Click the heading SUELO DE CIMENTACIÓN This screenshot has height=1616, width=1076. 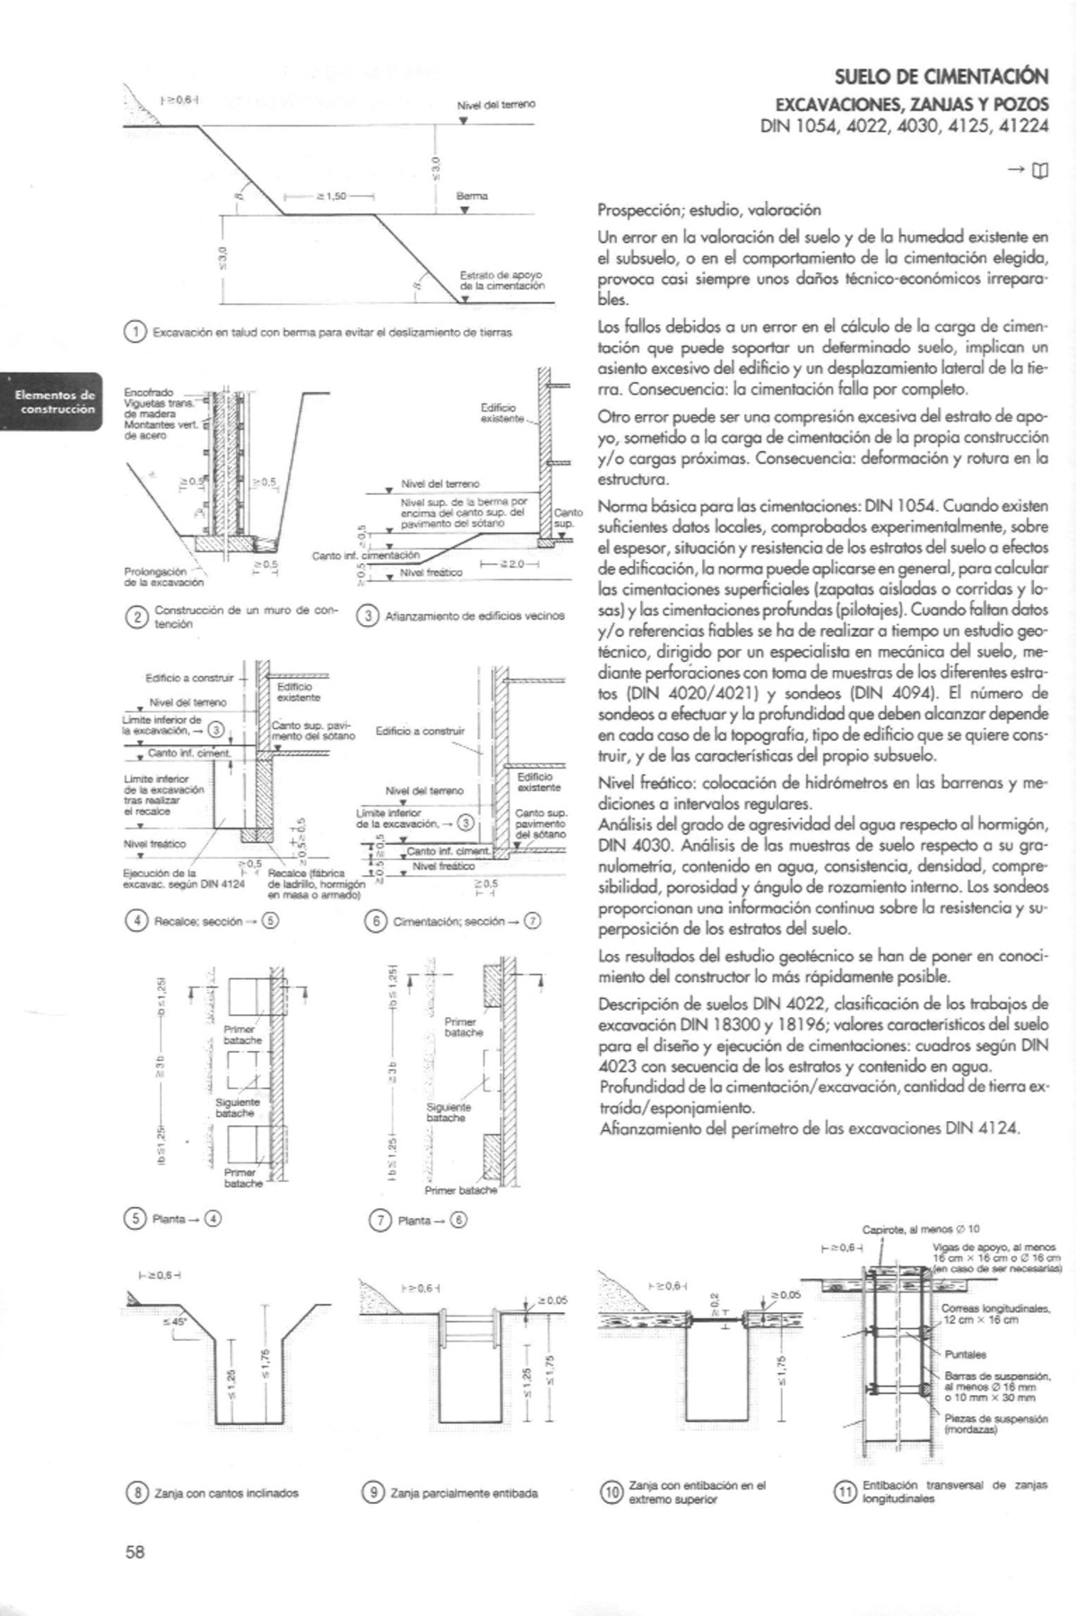[941, 77]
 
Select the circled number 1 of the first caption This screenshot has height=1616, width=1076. [134, 332]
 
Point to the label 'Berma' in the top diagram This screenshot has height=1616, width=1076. [472, 195]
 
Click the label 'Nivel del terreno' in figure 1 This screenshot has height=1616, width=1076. [496, 105]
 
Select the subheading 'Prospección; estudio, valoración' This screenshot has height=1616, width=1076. [709, 211]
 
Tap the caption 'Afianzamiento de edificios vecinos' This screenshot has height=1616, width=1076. [474, 616]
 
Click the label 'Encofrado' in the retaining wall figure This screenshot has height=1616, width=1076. [150, 393]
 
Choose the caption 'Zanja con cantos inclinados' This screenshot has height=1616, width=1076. [226, 1493]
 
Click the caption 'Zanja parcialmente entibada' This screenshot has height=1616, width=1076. [464, 1493]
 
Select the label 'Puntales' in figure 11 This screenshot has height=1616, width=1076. [966, 1354]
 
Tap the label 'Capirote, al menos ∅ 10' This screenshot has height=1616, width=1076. [921, 1229]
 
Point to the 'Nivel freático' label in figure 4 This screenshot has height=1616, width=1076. [155, 844]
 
